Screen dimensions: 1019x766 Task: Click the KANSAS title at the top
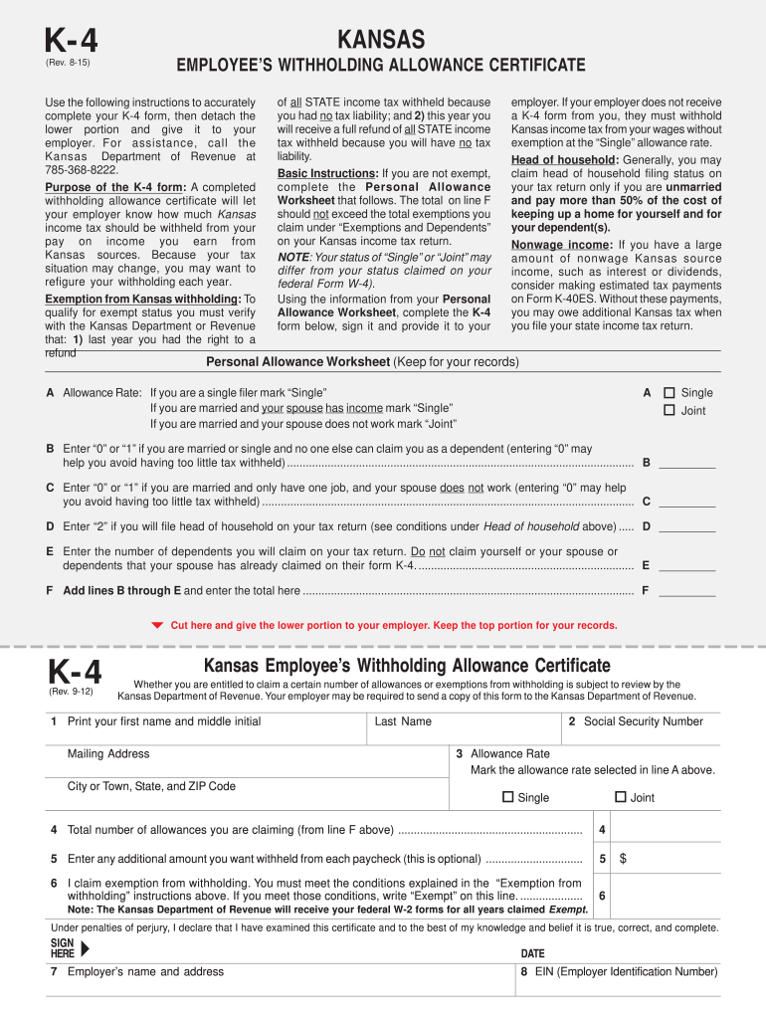tap(381, 40)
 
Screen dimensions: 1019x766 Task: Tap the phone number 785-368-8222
tap(84, 170)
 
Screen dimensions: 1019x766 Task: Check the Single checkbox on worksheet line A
tap(670, 392)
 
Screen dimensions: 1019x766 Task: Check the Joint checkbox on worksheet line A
tap(670, 410)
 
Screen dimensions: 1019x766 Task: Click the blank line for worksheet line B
tap(686, 463)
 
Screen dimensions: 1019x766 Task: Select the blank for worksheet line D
tap(686, 526)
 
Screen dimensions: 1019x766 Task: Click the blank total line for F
tap(686, 590)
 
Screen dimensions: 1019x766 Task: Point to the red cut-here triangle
tap(156, 625)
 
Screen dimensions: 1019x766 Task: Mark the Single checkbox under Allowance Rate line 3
tap(508, 797)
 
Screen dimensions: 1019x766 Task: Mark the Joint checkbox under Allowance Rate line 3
tap(621, 797)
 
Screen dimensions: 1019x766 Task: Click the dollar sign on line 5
tap(623, 858)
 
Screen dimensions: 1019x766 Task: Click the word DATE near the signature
tap(532, 952)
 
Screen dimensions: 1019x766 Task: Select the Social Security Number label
tap(643, 721)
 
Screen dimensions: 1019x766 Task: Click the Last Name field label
tap(403, 721)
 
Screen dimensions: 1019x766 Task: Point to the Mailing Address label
tap(108, 753)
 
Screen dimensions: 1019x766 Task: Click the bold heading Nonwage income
tap(561, 245)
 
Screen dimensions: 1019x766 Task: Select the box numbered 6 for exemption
tap(603, 895)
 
